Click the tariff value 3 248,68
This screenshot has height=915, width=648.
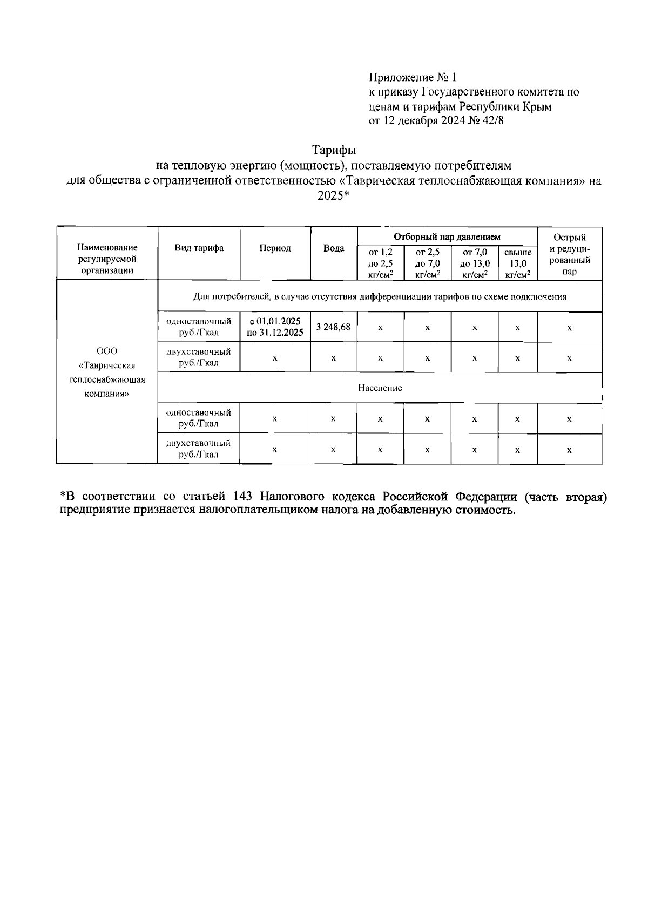(333, 327)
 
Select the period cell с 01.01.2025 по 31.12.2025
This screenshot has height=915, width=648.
(275, 327)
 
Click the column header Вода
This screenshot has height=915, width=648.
(333, 248)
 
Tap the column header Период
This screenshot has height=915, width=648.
(275, 248)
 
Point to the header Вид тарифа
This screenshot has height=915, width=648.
(199, 248)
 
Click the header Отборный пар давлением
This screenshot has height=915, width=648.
(447, 236)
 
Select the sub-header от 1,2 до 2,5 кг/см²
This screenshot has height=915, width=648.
(380, 263)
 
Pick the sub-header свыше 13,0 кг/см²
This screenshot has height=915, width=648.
(517, 263)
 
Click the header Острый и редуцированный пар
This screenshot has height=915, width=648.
(569, 254)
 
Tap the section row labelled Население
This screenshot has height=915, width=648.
(380, 388)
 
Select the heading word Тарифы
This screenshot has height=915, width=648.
(335, 149)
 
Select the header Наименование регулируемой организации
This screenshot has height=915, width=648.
(107, 259)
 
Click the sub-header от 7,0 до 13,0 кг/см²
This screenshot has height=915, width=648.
(474, 263)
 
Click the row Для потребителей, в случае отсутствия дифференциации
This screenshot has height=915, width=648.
(380, 296)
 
